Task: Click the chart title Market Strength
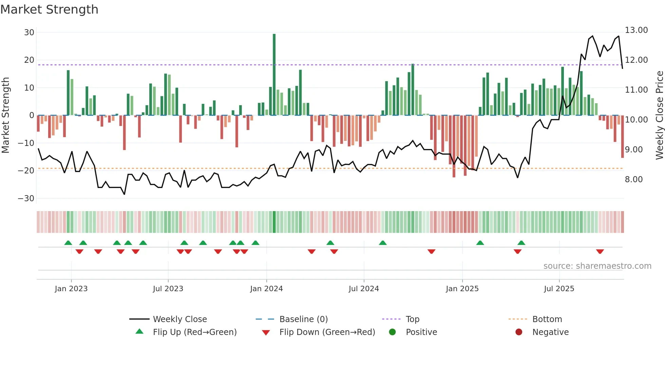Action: (x=50, y=10)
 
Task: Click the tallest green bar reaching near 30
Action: (x=274, y=75)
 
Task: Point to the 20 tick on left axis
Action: (x=29, y=60)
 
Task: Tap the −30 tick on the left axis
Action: (x=26, y=198)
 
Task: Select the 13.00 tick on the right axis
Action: (x=636, y=30)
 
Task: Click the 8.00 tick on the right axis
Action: (x=633, y=179)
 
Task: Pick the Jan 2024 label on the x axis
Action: (x=266, y=288)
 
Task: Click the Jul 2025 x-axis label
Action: (x=559, y=288)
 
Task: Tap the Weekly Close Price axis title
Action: (x=659, y=115)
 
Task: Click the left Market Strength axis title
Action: (x=5, y=115)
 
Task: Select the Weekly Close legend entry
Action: (x=179, y=319)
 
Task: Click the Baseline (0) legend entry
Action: (x=303, y=319)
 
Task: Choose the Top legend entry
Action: (x=412, y=319)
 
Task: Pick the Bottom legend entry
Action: (x=547, y=319)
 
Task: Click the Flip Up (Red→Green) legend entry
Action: (x=194, y=332)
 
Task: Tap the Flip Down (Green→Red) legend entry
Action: (x=327, y=332)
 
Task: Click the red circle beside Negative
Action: (x=519, y=332)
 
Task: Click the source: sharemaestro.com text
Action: (x=597, y=266)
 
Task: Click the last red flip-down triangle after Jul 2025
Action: (x=600, y=251)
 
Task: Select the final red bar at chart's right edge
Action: (x=622, y=136)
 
